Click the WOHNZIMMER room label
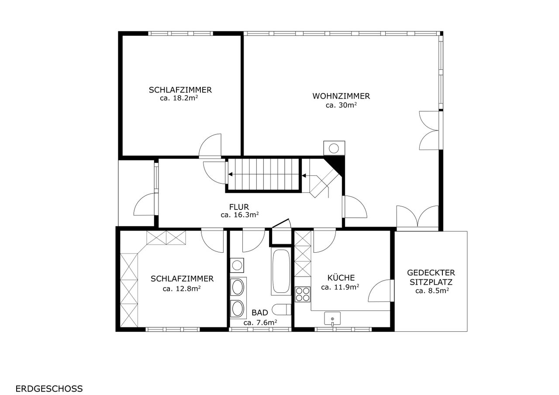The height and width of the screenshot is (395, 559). pos(341,96)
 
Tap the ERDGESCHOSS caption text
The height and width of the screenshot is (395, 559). pos(49,388)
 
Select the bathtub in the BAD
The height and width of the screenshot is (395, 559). pos(281,272)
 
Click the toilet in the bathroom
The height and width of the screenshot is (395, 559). pos(282,309)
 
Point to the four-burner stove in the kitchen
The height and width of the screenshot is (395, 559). pos(303,294)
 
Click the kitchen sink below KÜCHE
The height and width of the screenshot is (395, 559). pos(332,319)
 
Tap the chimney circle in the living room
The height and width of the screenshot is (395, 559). pos(334,149)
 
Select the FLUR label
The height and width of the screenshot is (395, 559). pos(239,207)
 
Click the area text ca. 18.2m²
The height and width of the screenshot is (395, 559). pos(179,98)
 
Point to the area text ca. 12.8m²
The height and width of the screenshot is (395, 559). pos(182,289)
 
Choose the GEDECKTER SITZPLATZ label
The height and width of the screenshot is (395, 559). pos(431,277)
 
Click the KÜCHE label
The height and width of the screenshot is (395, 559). pos(341,278)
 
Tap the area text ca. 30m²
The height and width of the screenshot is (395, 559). pos(341,105)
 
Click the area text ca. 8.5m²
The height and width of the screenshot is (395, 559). pos(432,291)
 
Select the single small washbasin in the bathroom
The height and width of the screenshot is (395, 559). pos(237,265)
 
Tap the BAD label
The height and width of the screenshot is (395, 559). pos(260,313)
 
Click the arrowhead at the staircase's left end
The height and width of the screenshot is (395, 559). pos(230,174)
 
